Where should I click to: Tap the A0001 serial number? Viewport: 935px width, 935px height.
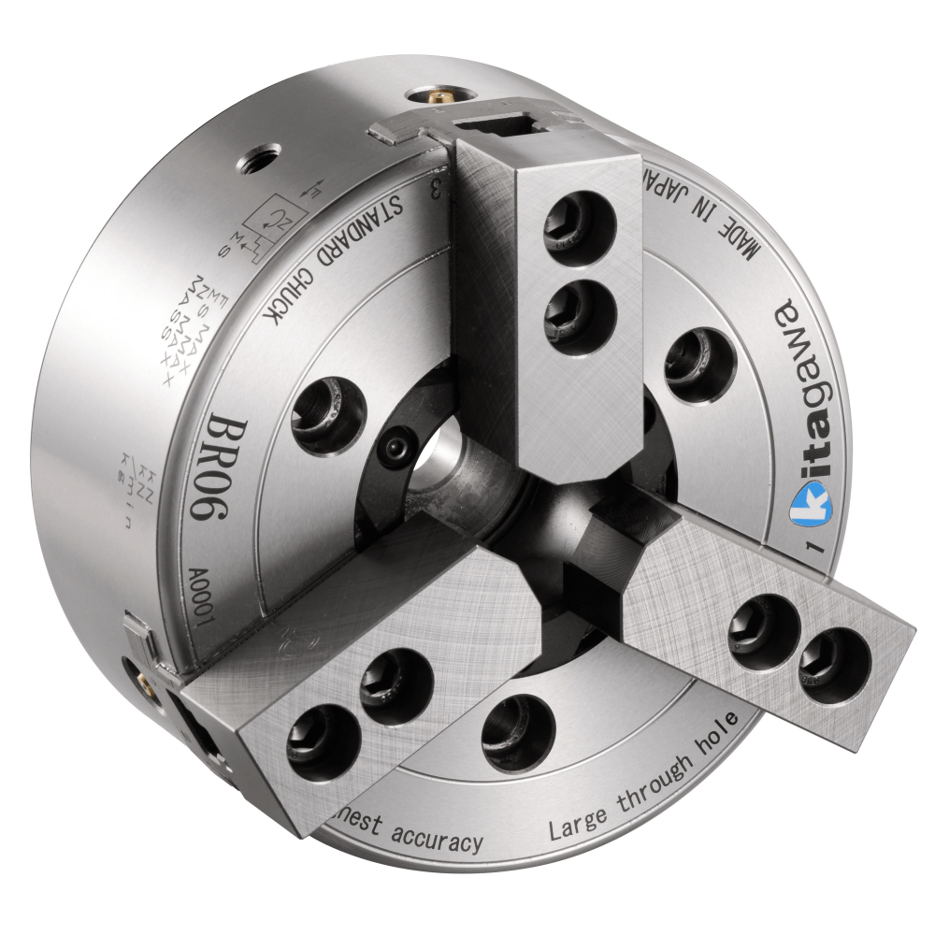click(x=204, y=584)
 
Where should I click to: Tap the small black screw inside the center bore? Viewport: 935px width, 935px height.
click(x=399, y=447)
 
